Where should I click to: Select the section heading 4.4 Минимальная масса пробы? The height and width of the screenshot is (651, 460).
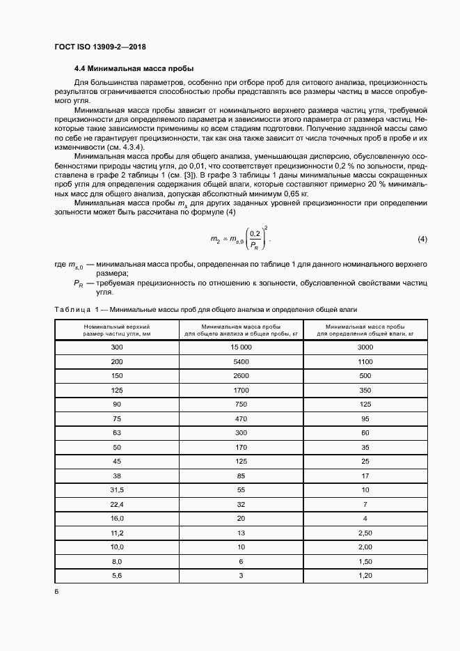[134, 69]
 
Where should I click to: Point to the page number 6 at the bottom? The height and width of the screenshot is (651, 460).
[56, 591]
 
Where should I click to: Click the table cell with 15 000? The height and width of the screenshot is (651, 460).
[241, 347]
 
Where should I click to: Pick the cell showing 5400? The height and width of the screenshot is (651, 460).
[241, 362]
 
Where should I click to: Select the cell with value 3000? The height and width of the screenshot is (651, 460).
[365, 347]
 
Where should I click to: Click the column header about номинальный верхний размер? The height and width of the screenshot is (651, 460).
[116, 329]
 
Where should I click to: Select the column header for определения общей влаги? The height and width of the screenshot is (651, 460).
[365, 329]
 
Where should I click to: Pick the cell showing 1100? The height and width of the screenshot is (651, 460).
[365, 362]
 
